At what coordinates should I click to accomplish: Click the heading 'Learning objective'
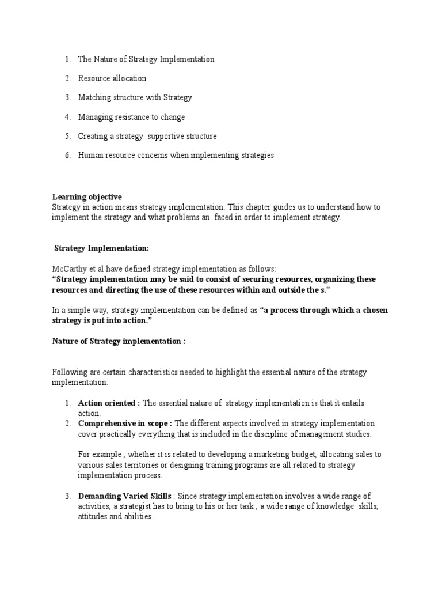tap(87, 197)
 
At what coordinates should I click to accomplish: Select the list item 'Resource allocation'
tap(112, 78)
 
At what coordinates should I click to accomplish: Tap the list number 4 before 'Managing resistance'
tap(67, 117)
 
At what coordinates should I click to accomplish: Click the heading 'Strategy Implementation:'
tap(101, 248)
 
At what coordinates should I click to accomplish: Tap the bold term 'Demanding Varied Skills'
tap(123, 497)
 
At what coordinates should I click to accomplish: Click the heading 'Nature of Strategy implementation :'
tap(119, 342)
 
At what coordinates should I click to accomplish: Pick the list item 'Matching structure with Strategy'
tap(135, 98)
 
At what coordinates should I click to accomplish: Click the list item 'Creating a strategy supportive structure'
tap(147, 137)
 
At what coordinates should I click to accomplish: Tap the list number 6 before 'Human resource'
tap(67, 156)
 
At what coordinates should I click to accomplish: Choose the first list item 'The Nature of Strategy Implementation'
tap(146, 59)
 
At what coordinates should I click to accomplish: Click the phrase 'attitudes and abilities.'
tap(115, 517)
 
